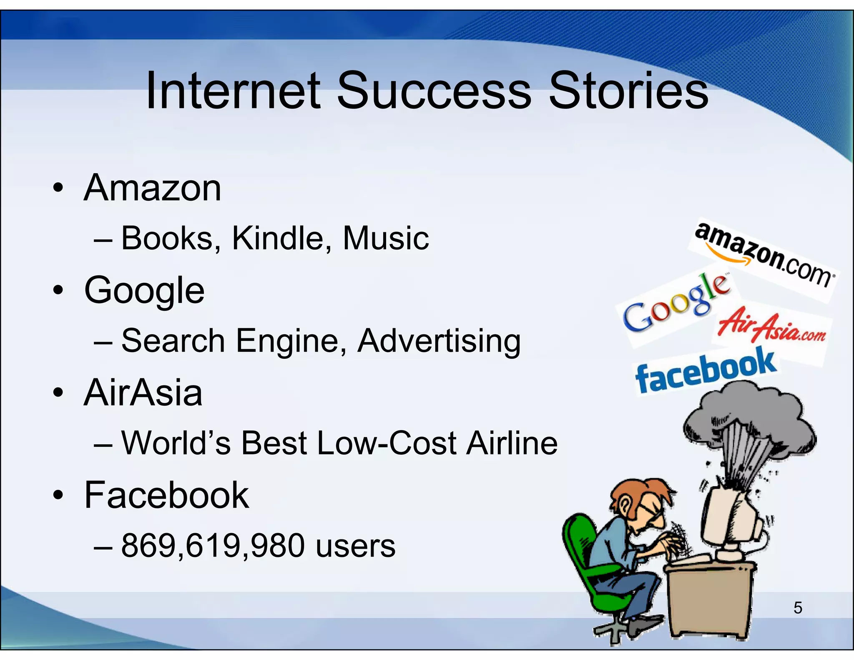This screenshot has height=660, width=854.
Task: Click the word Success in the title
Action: [x=434, y=91]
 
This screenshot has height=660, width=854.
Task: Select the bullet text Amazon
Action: [x=153, y=189]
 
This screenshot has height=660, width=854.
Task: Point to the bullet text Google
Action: [x=144, y=291]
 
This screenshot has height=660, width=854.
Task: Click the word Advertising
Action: [x=439, y=341]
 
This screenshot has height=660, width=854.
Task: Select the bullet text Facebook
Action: [x=166, y=495]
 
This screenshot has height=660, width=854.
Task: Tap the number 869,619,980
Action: [x=213, y=546]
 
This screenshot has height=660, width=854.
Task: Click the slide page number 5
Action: [x=797, y=608]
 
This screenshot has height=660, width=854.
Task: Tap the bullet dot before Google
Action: [x=58, y=291]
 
